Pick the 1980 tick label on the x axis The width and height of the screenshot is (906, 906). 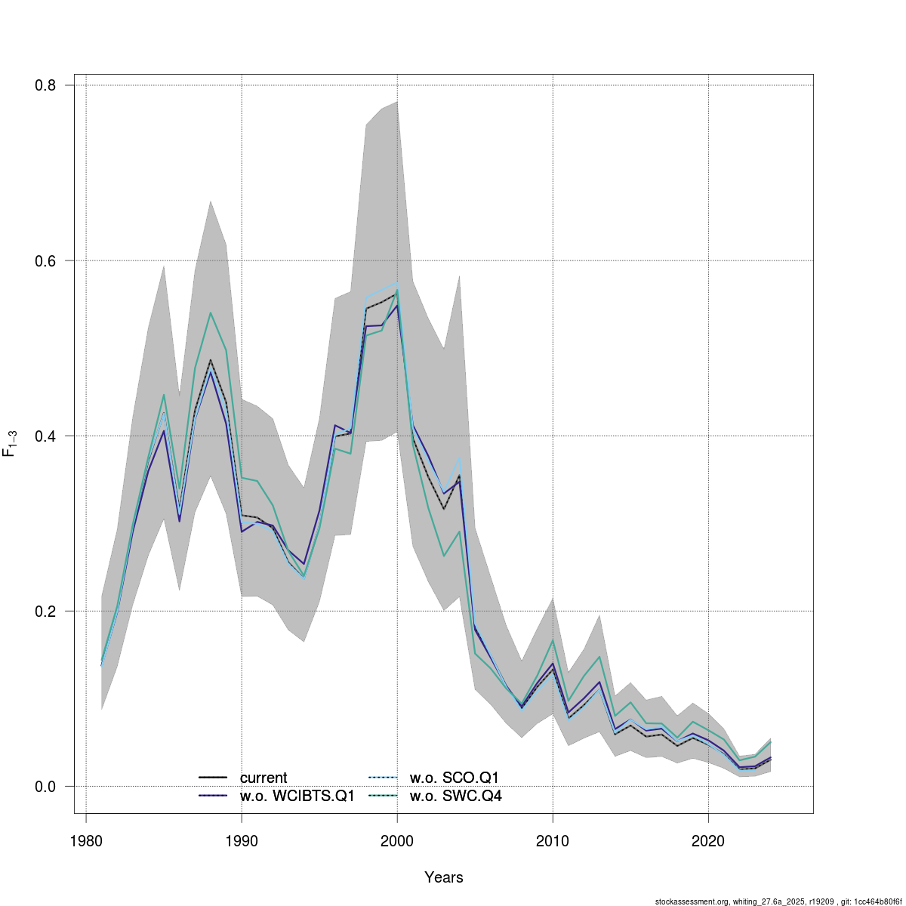pyautogui.click(x=86, y=840)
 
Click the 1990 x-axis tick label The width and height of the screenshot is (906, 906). pyautogui.click(x=242, y=840)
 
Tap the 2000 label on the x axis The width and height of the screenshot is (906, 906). pyautogui.click(x=397, y=840)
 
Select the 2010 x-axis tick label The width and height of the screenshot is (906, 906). pyautogui.click(x=553, y=840)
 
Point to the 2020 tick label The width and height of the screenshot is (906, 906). pyautogui.click(x=708, y=840)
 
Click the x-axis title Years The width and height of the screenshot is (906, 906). pyautogui.click(x=444, y=877)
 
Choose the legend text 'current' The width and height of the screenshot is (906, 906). pyautogui.click(x=263, y=778)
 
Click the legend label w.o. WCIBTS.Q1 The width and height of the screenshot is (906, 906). pyautogui.click(x=297, y=796)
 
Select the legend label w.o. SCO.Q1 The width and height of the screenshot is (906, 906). pyautogui.click(x=455, y=778)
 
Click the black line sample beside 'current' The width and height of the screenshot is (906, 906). pyautogui.click(x=213, y=778)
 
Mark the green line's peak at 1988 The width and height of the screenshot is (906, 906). pyautogui.click(x=211, y=313)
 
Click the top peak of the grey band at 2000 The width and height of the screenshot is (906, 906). pyautogui.click(x=397, y=101)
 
